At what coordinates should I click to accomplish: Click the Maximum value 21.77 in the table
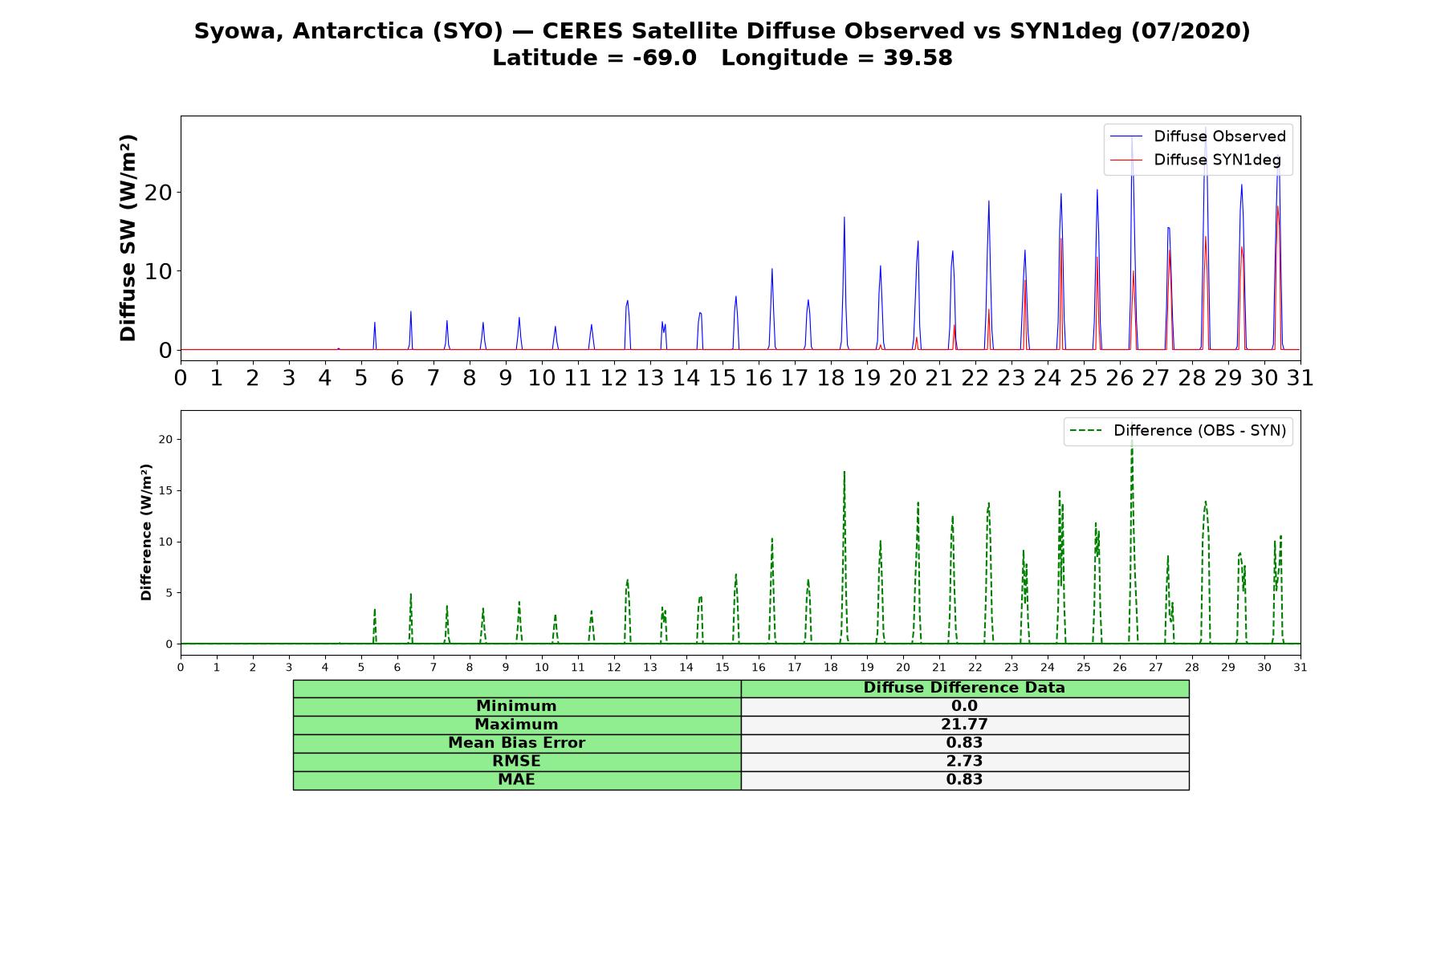point(964,725)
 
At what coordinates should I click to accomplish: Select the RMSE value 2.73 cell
point(964,762)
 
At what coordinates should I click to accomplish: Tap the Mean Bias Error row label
point(516,743)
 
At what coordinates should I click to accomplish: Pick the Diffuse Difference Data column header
point(964,688)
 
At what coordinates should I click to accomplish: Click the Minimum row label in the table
point(516,706)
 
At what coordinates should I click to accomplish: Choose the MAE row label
point(516,780)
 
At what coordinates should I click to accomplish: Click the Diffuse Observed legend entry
point(1198,136)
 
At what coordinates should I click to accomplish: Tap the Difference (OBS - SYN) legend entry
point(1178,431)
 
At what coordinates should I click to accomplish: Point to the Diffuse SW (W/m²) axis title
point(128,238)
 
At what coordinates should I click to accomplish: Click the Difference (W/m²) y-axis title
point(146,532)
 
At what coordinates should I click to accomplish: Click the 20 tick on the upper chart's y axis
point(159,193)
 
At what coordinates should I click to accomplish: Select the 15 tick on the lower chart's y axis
point(166,490)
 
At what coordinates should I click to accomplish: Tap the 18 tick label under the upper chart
point(830,378)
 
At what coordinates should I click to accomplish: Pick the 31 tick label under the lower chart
point(1300,667)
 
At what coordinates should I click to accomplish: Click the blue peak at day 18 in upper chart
point(845,217)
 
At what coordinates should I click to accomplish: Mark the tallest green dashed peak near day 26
point(1132,441)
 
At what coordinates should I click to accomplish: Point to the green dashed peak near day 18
point(845,472)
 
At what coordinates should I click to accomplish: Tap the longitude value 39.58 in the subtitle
point(918,58)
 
